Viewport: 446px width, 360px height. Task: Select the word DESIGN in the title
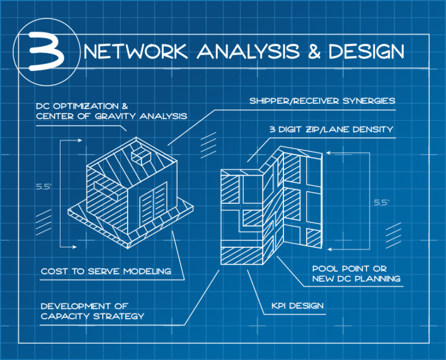[366, 52]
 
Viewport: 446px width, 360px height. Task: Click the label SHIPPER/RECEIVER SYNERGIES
[322, 100]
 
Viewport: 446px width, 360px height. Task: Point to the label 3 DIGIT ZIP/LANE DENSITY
[331, 129]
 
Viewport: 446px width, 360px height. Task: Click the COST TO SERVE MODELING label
[106, 271]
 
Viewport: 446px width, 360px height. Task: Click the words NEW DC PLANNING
[356, 279]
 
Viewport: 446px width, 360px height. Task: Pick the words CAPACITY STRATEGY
[92, 316]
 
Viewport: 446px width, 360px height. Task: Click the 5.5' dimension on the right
[381, 203]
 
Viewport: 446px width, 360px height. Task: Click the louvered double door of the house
[153, 206]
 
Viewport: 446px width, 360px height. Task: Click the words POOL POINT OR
[349, 269]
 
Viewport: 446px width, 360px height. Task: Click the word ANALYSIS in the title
[248, 52]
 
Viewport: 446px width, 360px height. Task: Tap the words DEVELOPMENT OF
[84, 306]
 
